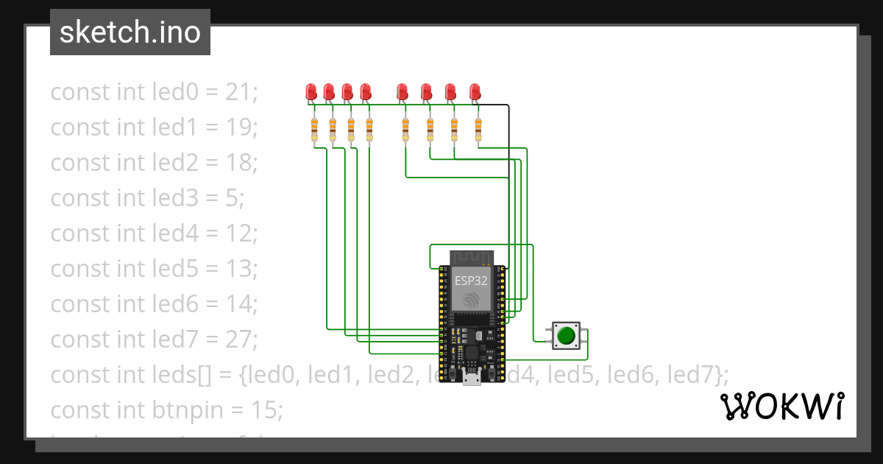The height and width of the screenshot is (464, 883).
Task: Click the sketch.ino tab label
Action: pyautogui.click(x=130, y=32)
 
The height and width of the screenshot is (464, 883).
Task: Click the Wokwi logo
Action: pyautogui.click(x=781, y=406)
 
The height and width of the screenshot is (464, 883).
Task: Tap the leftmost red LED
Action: pyautogui.click(x=311, y=92)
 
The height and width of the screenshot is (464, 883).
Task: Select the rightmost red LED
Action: pyautogui.click(x=475, y=92)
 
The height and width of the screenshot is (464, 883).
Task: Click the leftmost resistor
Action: pyautogui.click(x=314, y=130)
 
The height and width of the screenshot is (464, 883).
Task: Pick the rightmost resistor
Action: pyautogui.click(x=478, y=130)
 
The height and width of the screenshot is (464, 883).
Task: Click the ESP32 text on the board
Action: pyautogui.click(x=471, y=281)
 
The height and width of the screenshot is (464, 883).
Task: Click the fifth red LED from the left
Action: pyautogui.click(x=402, y=92)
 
